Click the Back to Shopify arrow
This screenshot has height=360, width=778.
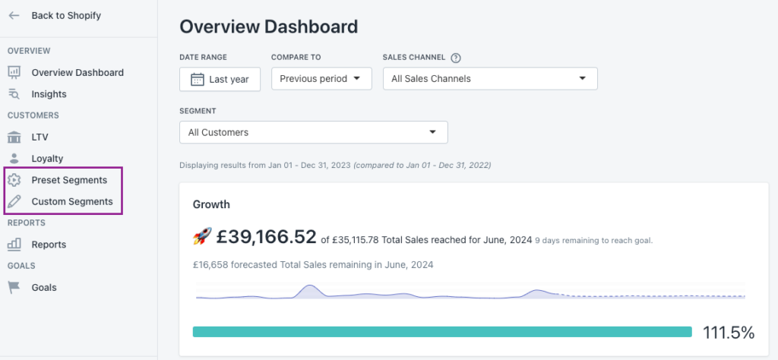pyautogui.click(x=14, y=15)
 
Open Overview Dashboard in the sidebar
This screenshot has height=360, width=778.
pyautogui.click(x=77, y=72)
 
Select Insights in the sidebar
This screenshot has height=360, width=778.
pyautogui.click(x=49, y=94)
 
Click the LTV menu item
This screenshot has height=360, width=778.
pyautogui.click(x=40, y=137)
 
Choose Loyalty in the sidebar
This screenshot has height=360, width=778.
pyautogui.click(x=47, y=159)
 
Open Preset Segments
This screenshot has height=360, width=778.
pyautogui.click(x=69, y=180)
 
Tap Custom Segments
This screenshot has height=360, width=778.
pyautogui.click(x=72, y=202)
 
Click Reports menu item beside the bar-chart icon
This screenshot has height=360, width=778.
pyautogui.click(x=49, y=245)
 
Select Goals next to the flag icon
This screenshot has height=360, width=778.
pyautogui.click(x=44, y=288)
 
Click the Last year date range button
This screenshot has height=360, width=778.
pyautogui.click(x=220, y=79)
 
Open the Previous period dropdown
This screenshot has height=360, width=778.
pyautogui.click(x=321, y=79)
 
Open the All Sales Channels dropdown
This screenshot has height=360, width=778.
pyautogui.click(x=490, y=79)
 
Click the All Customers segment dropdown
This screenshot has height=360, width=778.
pyautogui.click(x=314, y=132)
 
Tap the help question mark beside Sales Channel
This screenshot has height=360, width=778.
pyautogui.click(x=456, y=58)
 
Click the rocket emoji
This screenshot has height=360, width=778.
pyautogui.click(x=202, y=236)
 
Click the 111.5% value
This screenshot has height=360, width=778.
pyautogui.click(x=729, y=333)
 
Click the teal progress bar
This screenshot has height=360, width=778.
pyautogui.click(x=442, y=332)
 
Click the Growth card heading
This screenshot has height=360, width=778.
pyautogui.click(x=211, y=204)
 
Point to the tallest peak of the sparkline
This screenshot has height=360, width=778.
pyautogui.click(x=310, y=285)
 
